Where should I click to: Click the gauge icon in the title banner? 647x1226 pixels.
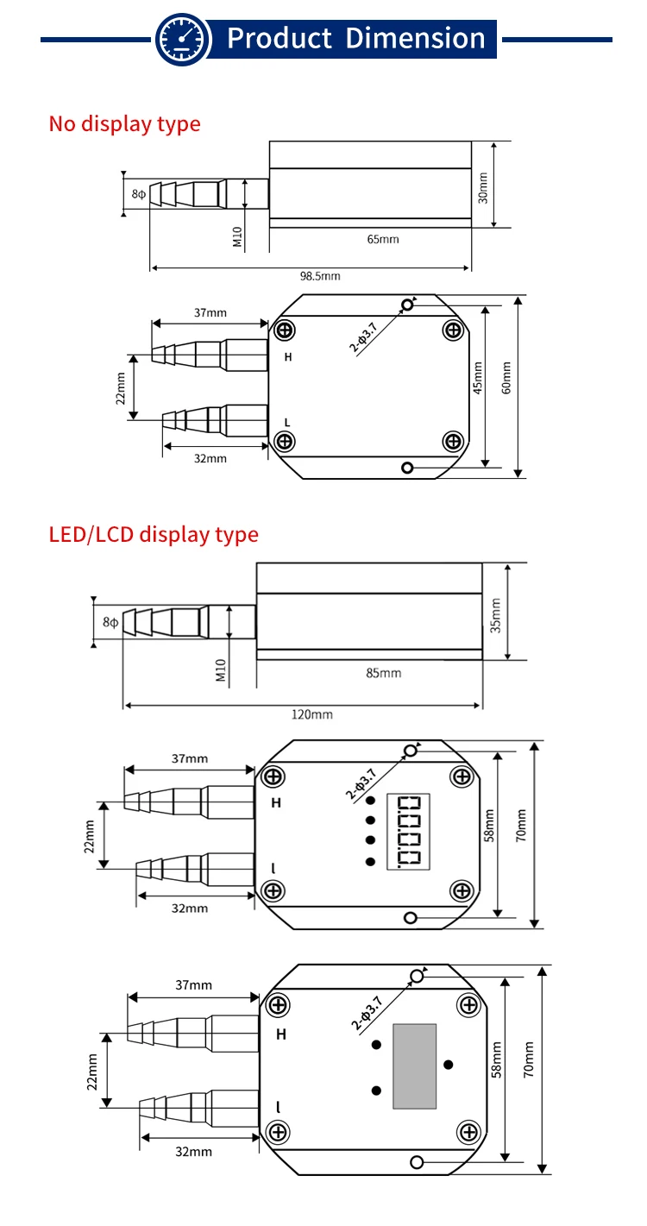(183, 40)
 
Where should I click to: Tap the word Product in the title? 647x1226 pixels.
(279, 39)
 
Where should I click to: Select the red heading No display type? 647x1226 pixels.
(124, 123)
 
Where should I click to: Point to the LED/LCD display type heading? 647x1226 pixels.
(154, 534)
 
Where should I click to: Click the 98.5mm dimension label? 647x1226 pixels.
(319, 277)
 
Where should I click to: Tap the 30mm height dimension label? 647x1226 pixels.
(483, 187)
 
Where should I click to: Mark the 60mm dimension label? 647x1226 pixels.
(506, 376)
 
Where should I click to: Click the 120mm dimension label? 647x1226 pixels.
(311, 714)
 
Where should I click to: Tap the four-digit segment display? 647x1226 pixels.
(408, 830)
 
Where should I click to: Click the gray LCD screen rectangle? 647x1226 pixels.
(414, 1066)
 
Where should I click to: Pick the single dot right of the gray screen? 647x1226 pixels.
(448, 1064)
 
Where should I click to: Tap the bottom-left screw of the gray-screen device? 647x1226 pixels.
(278, 1131)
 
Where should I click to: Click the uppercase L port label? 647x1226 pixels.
(286, 421)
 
